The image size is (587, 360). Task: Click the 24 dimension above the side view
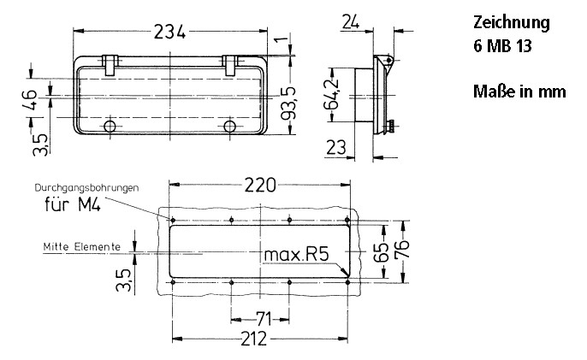tap(349, 22)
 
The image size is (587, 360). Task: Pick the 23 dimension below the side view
tap(336, 147)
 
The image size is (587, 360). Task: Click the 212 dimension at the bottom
tap(253, 339)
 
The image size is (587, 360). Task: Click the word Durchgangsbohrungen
tap(87, 187)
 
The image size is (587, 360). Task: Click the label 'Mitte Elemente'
tap(82, 246)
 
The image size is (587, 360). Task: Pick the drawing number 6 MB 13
tap(502, 47)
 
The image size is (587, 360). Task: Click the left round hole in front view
tap(110, 127)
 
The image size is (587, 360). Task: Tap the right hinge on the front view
tap(230, 62)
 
